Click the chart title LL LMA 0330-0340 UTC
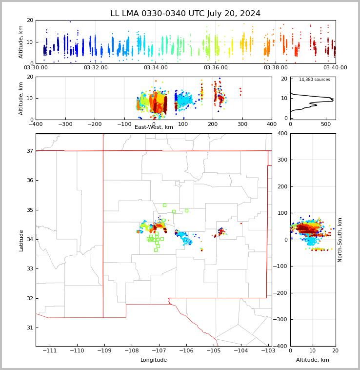(x=185, y=14)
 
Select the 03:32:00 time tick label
(x=96, y=68)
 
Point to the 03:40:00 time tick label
(x=335, y=68)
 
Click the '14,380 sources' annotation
(x=314, y=80)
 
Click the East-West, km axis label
(x=154, y=127)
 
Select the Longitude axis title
(x=154, y=360)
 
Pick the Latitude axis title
(x=21, y=240)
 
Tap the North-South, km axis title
(x=340, y=240)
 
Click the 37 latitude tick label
(x=30, y=151)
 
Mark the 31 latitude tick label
(x=30, y=328)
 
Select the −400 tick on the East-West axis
(x=35, y=124)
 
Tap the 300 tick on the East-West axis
(x=242, y=124)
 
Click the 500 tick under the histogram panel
(x=326, y=124)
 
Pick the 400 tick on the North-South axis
(x=282, y=134)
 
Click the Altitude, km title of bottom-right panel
(x=313, y=360)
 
